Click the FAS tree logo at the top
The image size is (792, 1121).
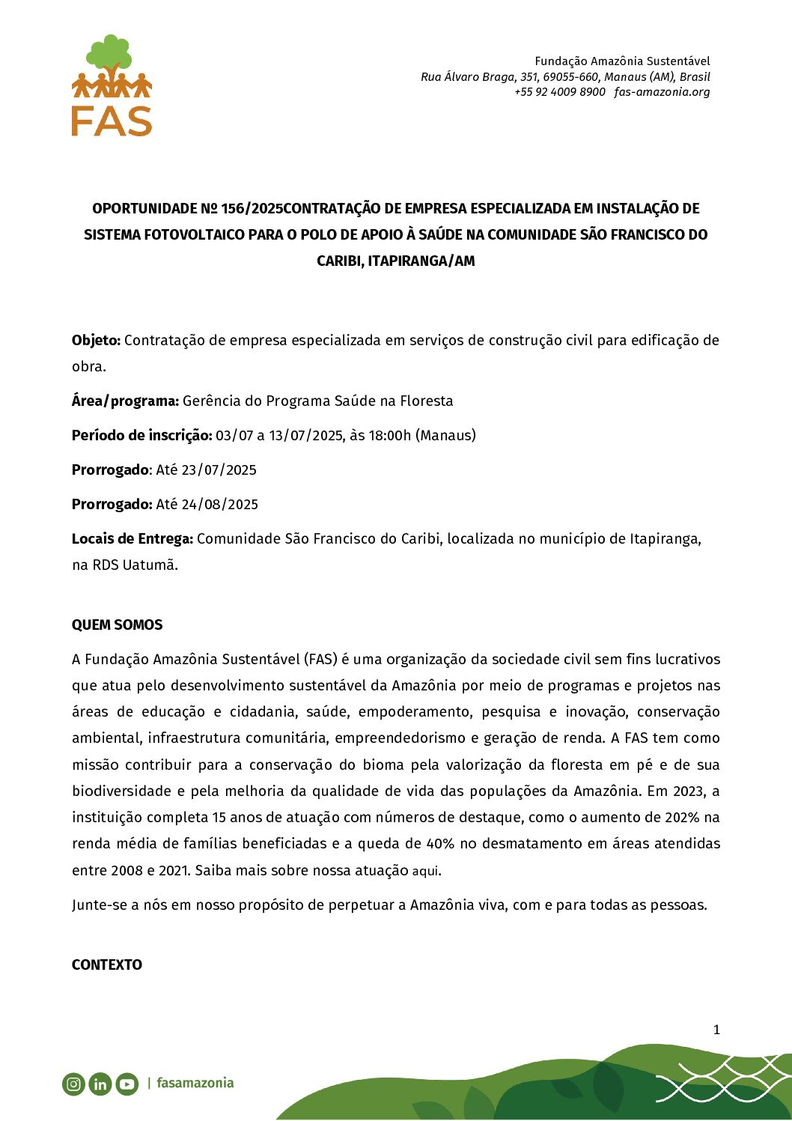click(112, 85)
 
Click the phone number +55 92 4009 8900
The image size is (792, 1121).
click(559, 92)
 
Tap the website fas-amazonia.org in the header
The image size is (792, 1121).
click(662, 92)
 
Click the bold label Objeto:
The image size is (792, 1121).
click(96, 341)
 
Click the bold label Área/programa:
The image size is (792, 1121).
click(125, 401)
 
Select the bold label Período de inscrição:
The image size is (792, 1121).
click(141, 436)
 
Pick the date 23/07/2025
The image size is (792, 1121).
click(219, 470)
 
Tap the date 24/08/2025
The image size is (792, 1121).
click(220, 505)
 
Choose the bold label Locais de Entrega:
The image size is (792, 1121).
click(132, 539)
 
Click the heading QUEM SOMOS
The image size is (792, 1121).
click(117, 625)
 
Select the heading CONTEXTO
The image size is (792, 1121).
click(106, 965)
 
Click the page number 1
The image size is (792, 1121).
click(716, 1030)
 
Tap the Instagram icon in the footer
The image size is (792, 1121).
click(73, 1084)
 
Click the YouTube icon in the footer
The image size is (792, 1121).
click(127, 1084)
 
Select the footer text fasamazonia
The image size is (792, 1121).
click(195, 1083)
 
